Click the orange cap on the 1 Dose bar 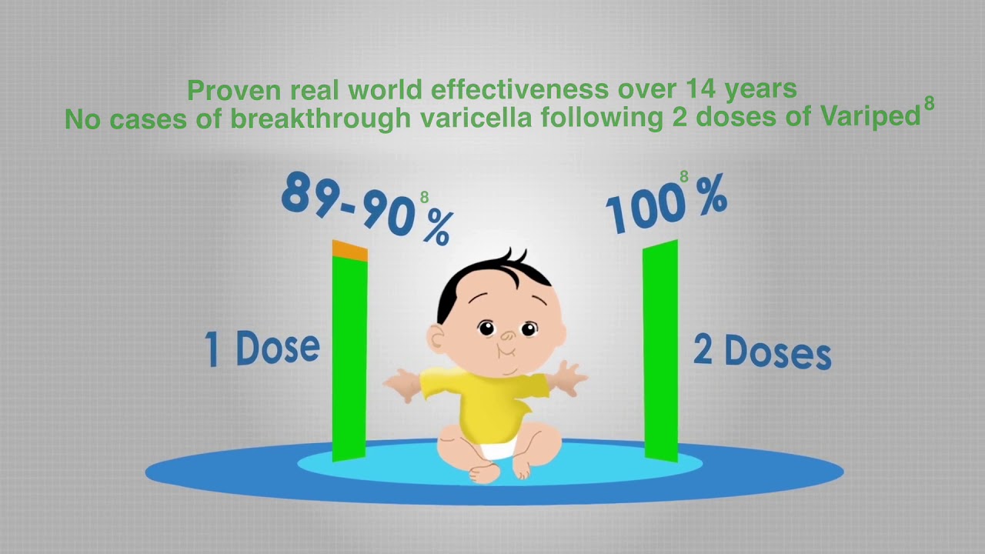coord(349,251)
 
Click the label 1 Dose coord(262,348)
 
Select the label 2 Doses coord(762,352)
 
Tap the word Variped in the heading coord(874,118)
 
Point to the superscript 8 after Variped coord(929,104)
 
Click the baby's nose coord(508,336)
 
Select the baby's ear coord(436,339)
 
